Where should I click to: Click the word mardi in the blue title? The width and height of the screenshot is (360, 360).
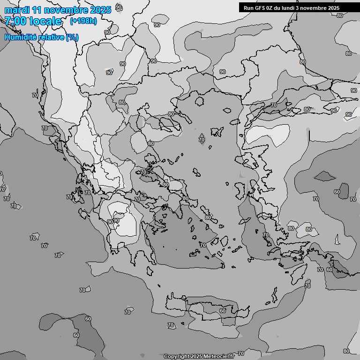(x=16, y=10)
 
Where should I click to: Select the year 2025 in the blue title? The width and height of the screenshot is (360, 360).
(x=100, y=10)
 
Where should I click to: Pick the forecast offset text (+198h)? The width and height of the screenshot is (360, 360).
(x=83, y=21)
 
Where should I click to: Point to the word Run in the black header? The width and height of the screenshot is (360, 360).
(x=248, y=8)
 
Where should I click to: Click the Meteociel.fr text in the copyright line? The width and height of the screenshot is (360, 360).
(x=219, y=356)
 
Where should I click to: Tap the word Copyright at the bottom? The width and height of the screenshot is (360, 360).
(x=176, y=356)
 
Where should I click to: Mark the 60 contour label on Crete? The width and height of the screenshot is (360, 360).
(x=223, y=311)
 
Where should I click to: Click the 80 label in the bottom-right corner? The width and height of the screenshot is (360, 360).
(x=346, y=351)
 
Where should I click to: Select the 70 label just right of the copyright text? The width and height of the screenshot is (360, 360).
(x=241, y=353)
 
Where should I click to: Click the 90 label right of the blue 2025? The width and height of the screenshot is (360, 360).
(x=119, y=7)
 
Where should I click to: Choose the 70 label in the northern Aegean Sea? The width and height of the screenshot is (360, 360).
(x=202, y=140)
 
